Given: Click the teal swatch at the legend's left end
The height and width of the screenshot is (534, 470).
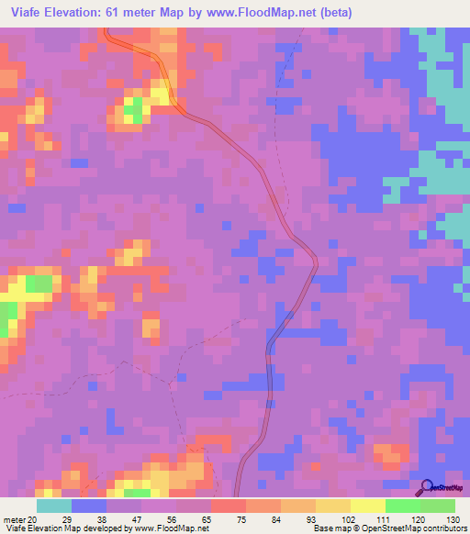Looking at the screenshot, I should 54,506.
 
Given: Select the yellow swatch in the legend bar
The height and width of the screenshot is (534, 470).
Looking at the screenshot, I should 367,506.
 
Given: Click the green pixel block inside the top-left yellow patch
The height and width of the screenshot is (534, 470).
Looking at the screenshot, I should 134,111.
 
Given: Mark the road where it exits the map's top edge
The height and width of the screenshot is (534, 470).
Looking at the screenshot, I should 107,30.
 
